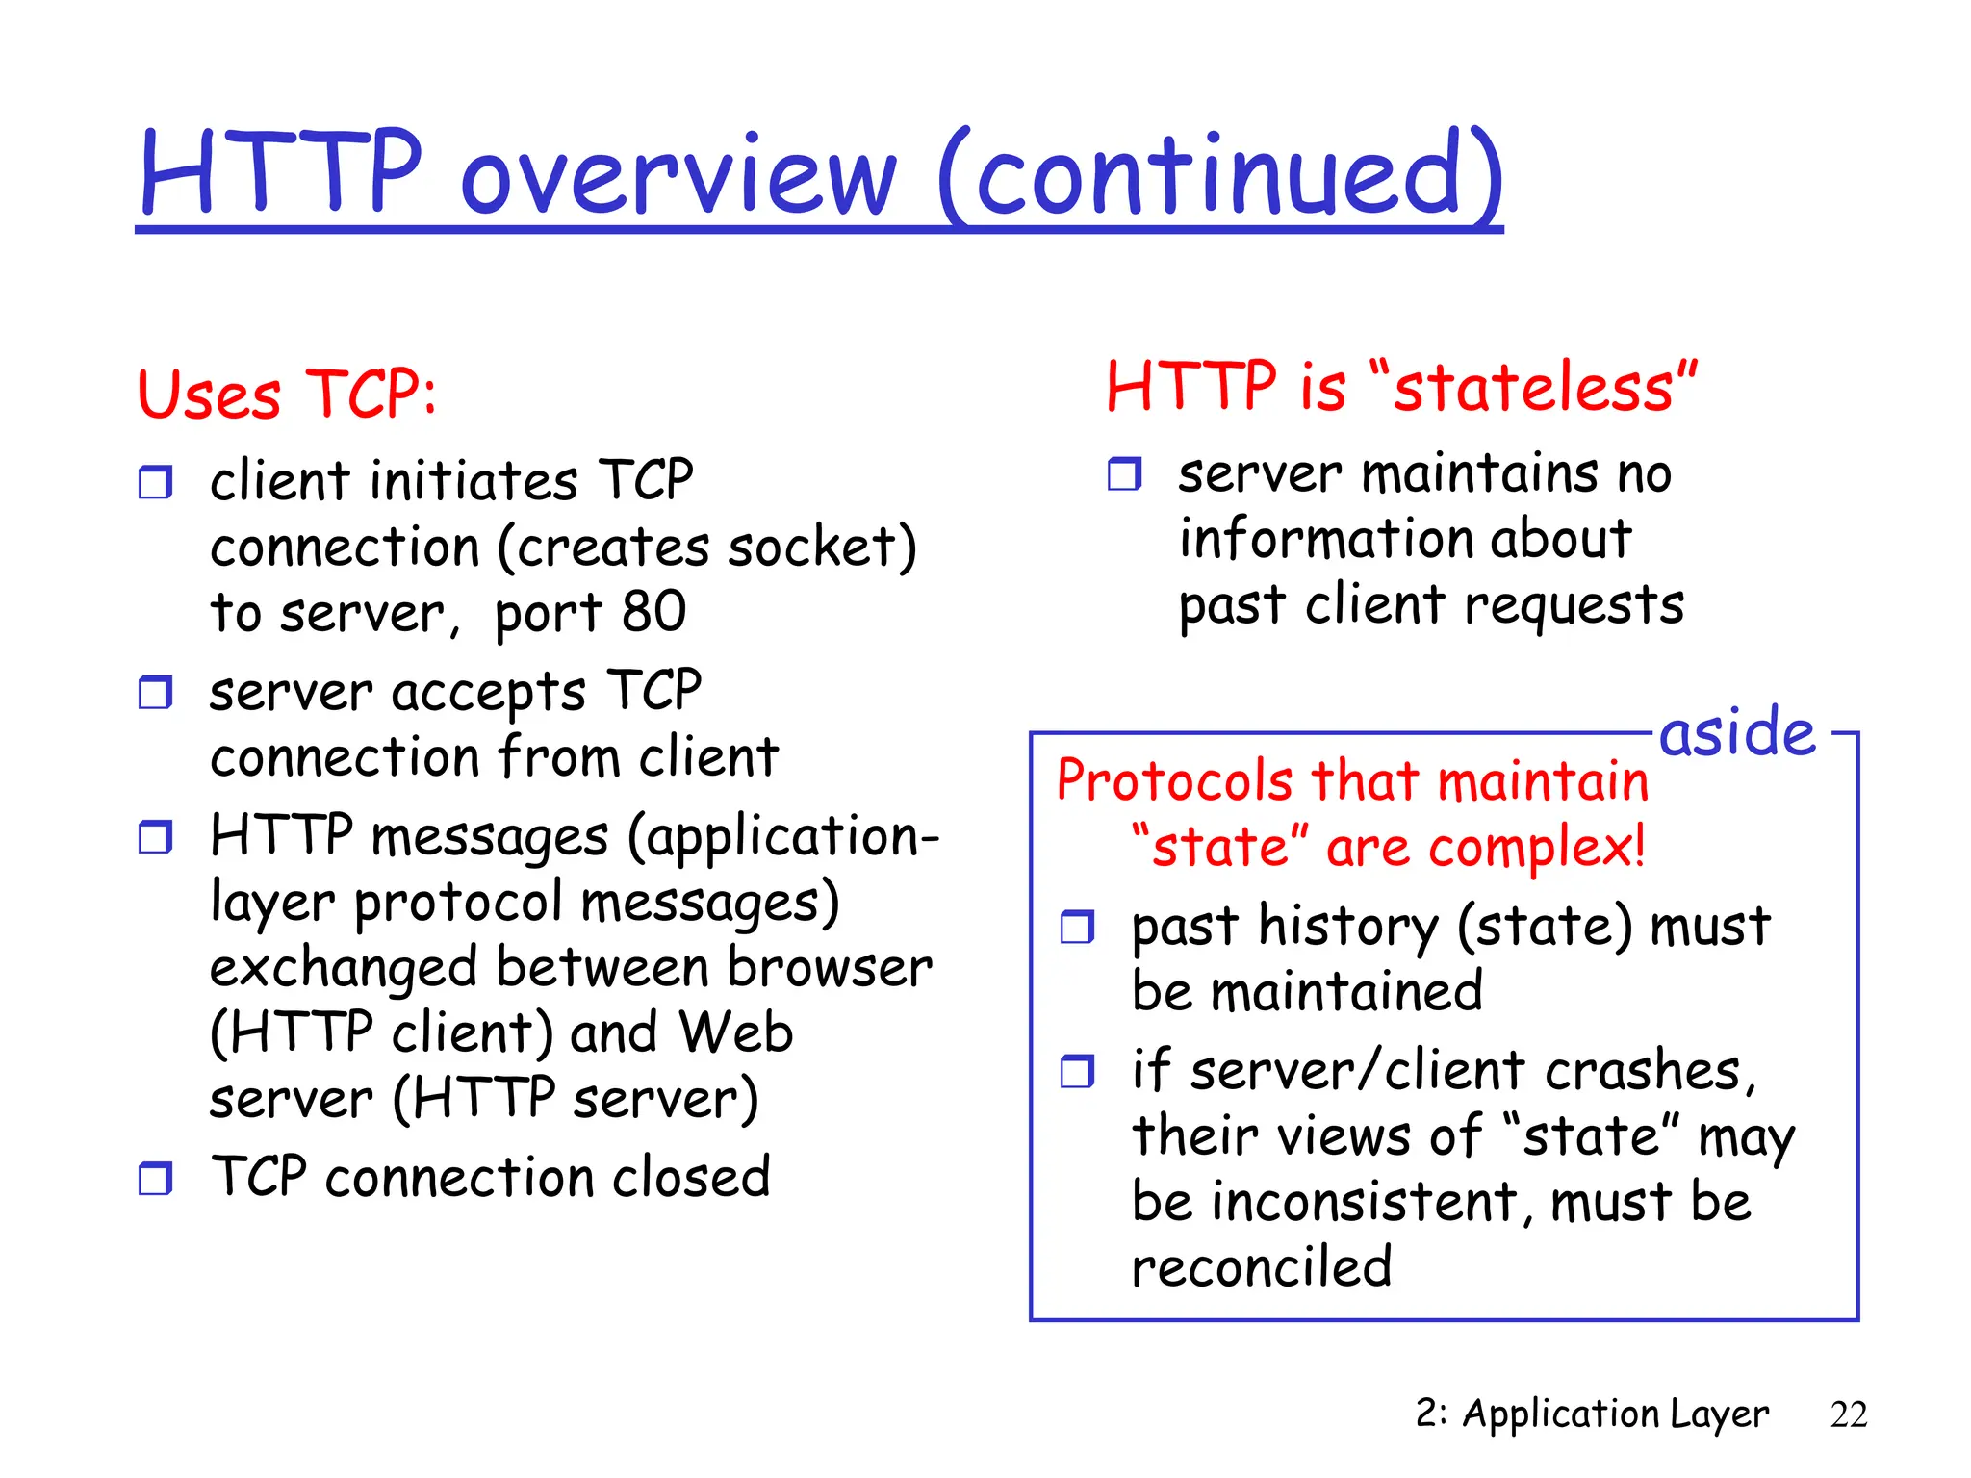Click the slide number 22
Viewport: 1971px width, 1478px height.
coord(1848,1414)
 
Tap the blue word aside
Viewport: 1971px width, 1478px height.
coord(1737,733)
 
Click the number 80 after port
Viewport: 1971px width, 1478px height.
coord(654,612)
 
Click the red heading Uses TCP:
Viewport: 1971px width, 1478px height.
coord(287,395)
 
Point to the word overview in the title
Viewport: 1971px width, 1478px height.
coord(679,175)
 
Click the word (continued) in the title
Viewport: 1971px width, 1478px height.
coord(1220,175)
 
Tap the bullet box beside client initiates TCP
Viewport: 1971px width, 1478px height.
coord(155,481)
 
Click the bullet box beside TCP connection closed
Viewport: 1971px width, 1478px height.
coord(155,1178)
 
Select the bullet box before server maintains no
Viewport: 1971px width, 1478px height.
coord(1123,473)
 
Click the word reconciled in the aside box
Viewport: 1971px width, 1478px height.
coord(1262,1267)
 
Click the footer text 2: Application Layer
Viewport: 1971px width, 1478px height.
coord(1592,1414)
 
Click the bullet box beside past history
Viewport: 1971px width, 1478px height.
coord(1077,927)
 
